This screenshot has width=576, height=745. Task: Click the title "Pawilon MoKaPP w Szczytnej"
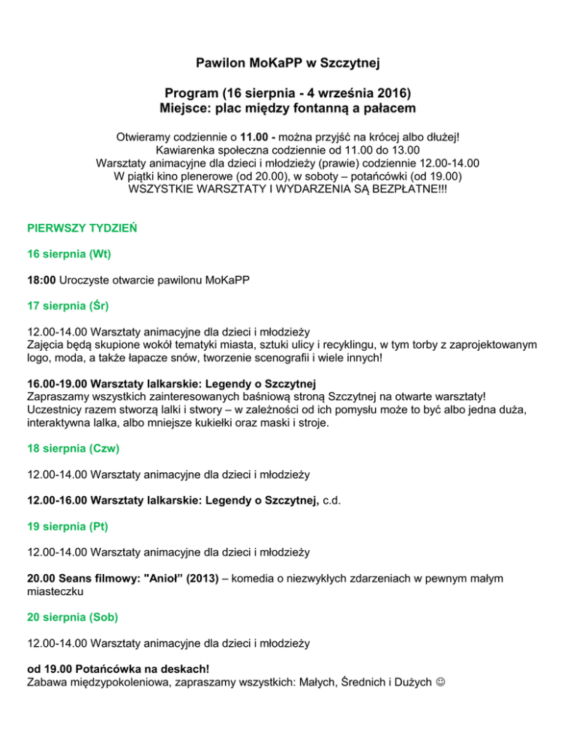click(x=288, y=60)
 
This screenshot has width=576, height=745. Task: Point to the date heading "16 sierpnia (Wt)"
click(x=69, y=253)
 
